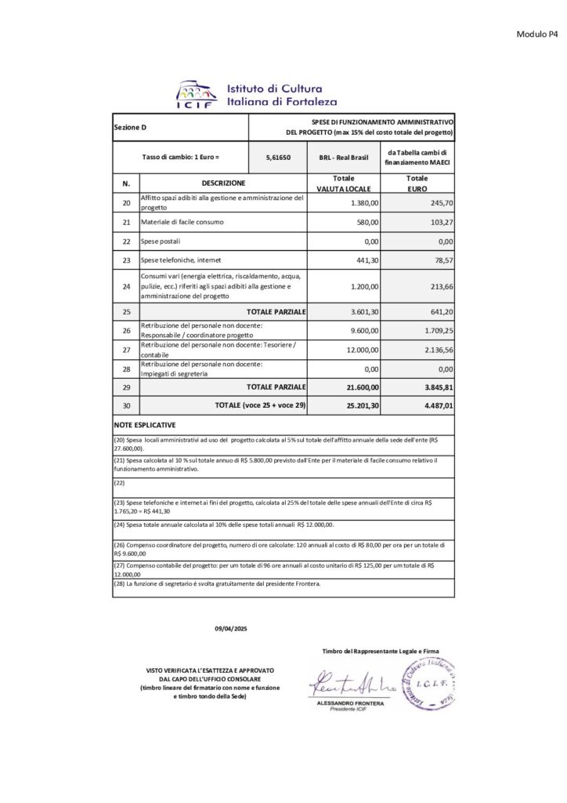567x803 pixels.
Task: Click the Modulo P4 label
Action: [536, 34]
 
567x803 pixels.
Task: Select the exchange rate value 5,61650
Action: [279, 157]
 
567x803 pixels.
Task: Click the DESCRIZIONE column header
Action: [223, 183]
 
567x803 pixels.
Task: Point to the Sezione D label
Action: [130, 127]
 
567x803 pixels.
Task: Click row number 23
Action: [126, 260]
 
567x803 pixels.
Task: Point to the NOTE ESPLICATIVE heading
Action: [145, 424]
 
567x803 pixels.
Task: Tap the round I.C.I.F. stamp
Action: [426, 684]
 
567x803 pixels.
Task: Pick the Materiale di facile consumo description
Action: [182, 222]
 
